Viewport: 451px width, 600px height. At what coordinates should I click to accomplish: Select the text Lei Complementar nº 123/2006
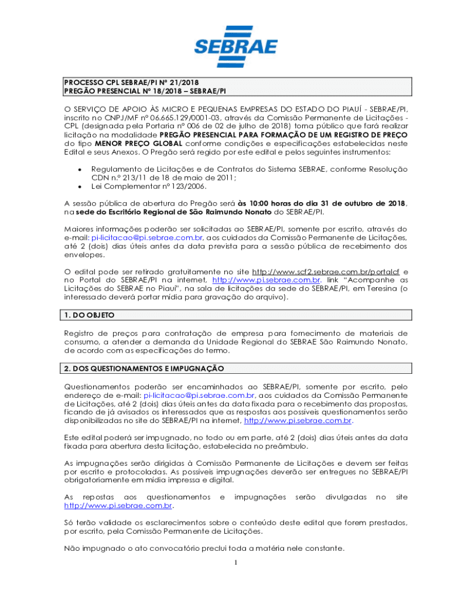(x=149, y=186)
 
